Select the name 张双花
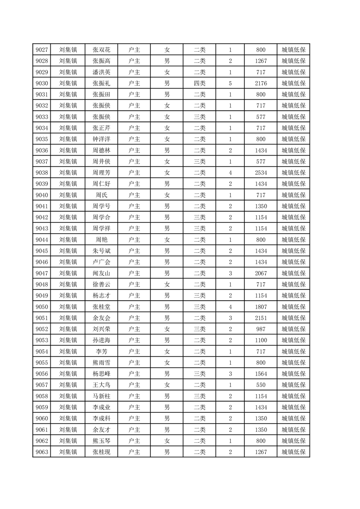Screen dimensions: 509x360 point(102,50)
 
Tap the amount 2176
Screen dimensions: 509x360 point(261,83)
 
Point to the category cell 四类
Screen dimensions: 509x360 point(200,83)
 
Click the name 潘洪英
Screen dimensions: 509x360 point(102,72)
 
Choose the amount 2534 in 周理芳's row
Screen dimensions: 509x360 point(261,173)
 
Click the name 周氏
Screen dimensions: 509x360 point(102,195)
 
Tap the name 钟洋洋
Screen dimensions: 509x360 point(102,139)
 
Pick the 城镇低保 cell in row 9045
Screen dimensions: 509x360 point(293,251)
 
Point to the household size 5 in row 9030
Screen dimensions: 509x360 point(231,83)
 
